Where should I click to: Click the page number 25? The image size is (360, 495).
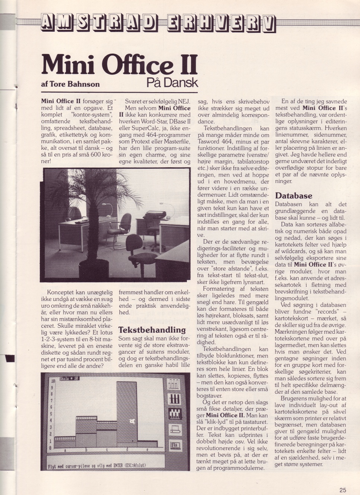[x=343, y=490]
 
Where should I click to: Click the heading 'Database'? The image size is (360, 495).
[x=293, y=196]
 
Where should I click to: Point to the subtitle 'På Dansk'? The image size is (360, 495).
[x=172, y=82]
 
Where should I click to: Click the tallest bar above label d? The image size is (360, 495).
[x=127, y=410]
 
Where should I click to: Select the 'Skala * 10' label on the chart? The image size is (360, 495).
[x=69, y=379]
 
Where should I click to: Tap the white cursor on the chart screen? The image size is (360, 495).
[x=131, y=421]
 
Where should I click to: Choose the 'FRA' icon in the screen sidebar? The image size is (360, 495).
[x=175, y=445]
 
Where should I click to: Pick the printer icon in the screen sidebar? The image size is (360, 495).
[x=175, y=431]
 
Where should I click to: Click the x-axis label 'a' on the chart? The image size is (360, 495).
[x=66, y=450]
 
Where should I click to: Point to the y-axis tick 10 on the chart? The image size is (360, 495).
[x=53, y=381]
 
